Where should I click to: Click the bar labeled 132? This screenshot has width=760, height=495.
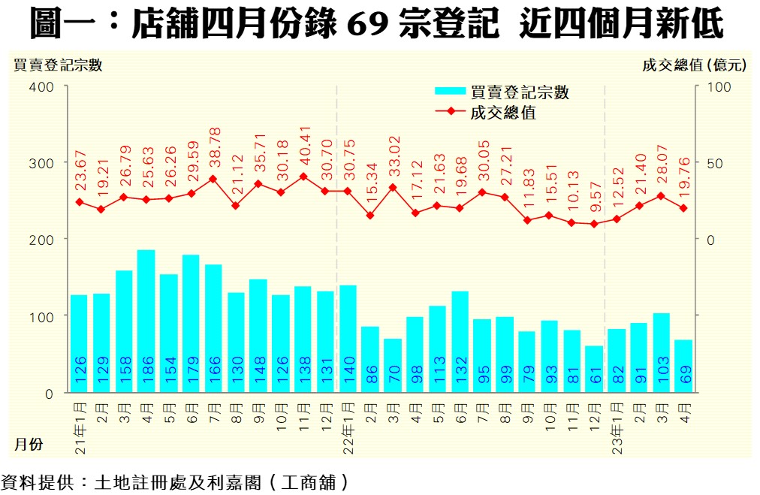460,342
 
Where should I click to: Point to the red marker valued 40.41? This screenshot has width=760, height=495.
303,177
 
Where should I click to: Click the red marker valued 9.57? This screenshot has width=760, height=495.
594,224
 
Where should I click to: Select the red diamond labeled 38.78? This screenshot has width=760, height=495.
213,179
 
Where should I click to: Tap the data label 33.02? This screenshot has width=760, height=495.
393,157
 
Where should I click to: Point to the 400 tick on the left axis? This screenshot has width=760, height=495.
42,87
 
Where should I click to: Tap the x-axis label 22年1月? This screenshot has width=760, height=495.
348,427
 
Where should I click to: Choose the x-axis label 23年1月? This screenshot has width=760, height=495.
617,427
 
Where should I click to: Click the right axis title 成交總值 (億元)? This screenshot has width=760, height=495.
695,65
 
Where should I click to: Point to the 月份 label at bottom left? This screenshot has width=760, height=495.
29,444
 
